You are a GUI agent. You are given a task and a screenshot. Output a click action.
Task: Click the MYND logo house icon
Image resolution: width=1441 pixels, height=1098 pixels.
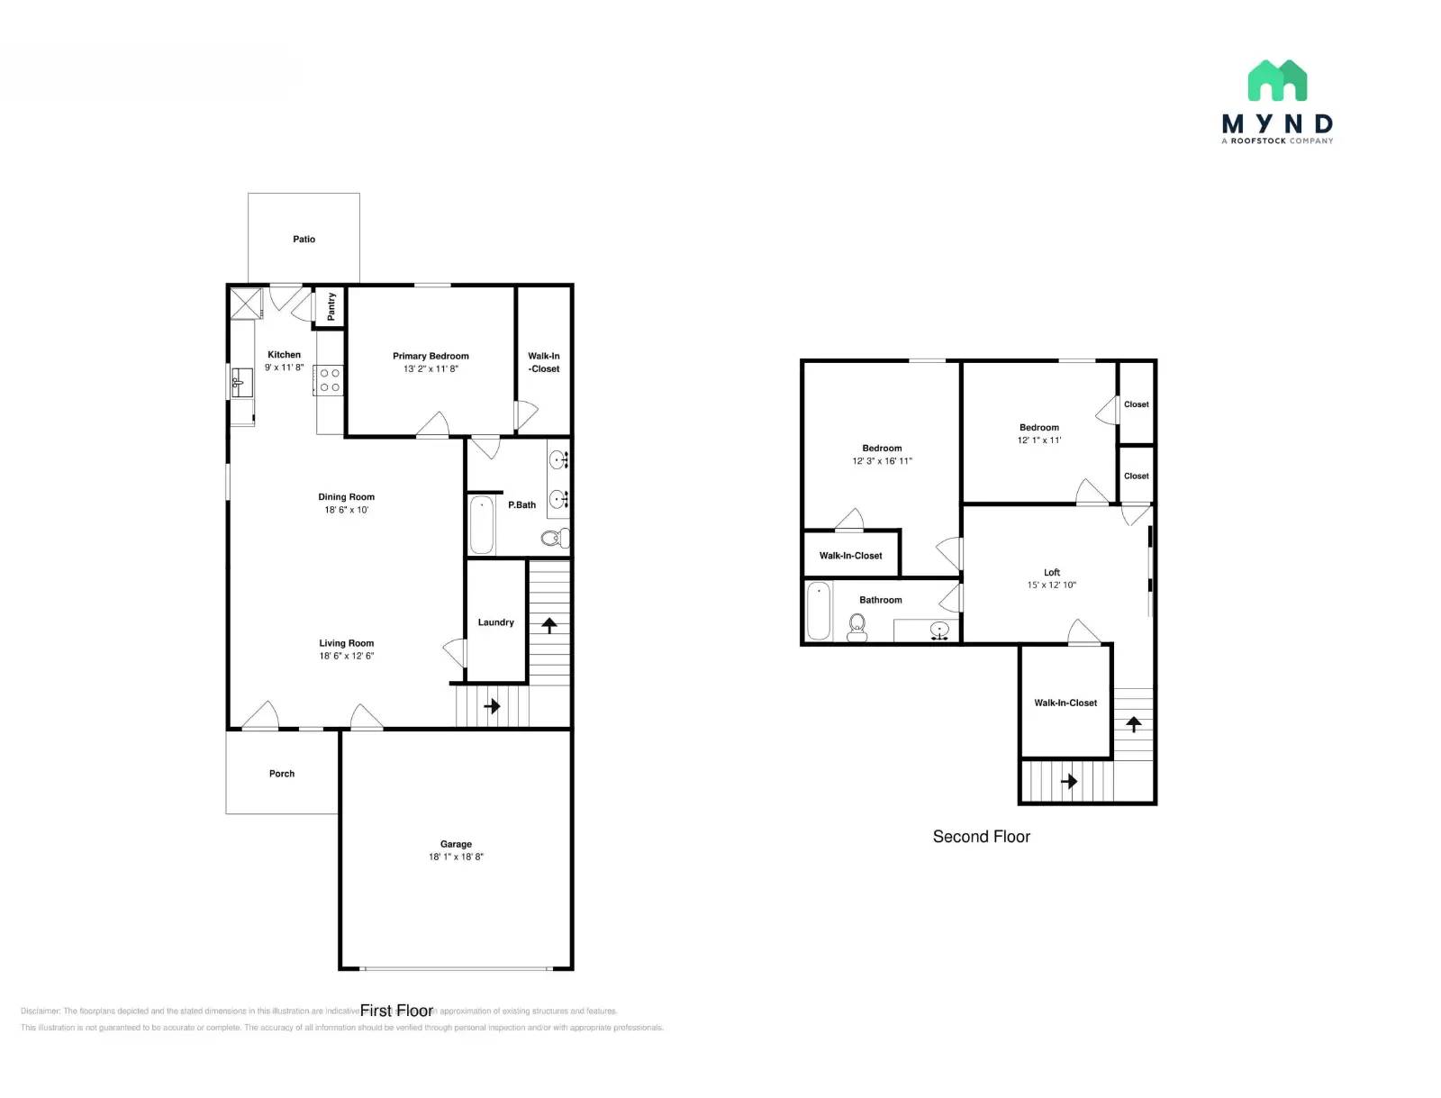point(1277,80)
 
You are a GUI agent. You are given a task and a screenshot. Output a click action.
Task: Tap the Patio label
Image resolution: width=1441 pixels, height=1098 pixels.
point(304,240)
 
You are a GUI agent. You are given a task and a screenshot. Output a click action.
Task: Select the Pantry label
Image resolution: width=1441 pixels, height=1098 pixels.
point(331,306)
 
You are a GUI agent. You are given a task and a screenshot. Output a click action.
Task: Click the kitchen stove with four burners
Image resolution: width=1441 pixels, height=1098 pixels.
point(330,380)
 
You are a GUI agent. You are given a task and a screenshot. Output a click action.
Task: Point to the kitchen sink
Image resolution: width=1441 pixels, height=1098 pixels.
point(241,382)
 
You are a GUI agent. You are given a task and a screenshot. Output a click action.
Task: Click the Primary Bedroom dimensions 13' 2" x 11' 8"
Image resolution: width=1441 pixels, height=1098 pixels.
point(430,369)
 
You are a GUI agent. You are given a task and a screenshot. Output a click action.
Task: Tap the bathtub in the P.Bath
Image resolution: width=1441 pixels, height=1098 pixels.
point(482,525)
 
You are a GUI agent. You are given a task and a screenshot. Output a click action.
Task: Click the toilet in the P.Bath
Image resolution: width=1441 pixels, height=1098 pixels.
point(553,539)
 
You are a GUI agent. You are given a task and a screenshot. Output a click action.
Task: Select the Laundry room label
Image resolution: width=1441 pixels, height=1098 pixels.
point(495,622)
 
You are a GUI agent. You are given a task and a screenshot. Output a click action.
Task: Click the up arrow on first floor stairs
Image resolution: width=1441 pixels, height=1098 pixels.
point(549,624)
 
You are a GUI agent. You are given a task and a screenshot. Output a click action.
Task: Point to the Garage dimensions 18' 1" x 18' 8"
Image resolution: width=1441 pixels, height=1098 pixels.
point(456,858)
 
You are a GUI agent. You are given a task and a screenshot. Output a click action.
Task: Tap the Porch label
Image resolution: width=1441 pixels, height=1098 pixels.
point(282,774)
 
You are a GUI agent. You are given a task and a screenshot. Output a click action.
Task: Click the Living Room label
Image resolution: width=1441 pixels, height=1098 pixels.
point(346,643)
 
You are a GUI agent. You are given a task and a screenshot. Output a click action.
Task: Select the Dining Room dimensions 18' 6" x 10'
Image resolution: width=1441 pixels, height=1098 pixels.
point(346,510)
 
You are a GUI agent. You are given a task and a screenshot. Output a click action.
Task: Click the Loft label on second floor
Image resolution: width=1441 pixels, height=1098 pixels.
point(1052,573)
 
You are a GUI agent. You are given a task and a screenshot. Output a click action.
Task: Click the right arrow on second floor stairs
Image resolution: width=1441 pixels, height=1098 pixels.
point(1069,781)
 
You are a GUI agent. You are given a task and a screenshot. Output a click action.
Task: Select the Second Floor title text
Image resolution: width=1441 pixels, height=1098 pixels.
point(981,837)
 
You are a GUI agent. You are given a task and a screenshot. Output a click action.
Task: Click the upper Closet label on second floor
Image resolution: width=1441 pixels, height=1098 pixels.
point(1136,404)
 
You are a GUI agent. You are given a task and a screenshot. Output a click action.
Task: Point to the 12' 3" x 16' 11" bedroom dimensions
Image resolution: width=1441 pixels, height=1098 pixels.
point(882,461)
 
